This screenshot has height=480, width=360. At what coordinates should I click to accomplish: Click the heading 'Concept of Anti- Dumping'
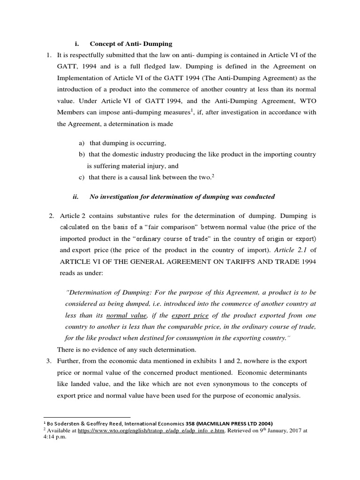point(131,44)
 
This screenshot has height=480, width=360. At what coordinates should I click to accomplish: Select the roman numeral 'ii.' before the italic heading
point(76,196)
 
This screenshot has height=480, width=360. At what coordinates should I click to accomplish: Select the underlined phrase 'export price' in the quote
point(190,316)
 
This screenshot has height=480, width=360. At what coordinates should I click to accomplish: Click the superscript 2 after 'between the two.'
point(213,175)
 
